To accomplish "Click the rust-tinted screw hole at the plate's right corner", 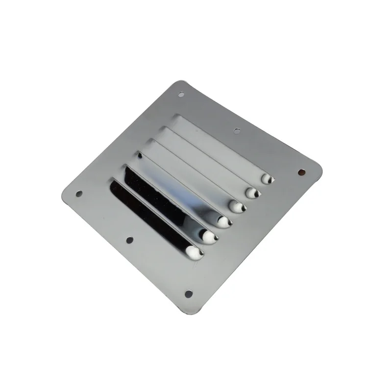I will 302,172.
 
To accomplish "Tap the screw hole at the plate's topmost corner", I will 181,94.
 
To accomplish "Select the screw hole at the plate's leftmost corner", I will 79,194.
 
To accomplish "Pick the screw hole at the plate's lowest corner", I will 188,294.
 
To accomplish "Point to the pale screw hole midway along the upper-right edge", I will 237,131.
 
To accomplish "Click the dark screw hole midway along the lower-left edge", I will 129,240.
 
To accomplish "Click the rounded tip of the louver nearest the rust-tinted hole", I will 267,179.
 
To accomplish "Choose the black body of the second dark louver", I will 162,198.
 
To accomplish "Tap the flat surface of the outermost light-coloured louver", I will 220,147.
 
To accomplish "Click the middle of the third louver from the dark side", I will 181,186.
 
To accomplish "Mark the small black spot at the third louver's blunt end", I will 140,155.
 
